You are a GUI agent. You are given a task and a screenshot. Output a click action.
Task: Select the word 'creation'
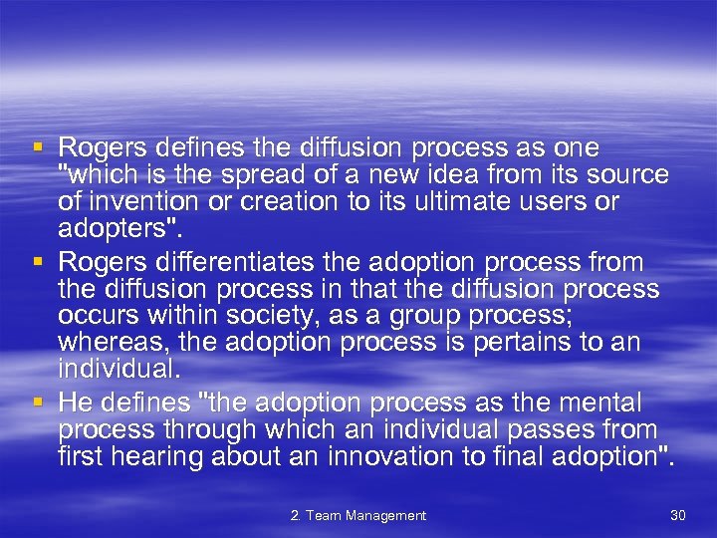click(x=261, y=202)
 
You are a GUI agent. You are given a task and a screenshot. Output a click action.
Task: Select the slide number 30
click(x=678, y=515)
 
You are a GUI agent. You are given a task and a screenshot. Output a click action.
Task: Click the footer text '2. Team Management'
click(x=358, y=515)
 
